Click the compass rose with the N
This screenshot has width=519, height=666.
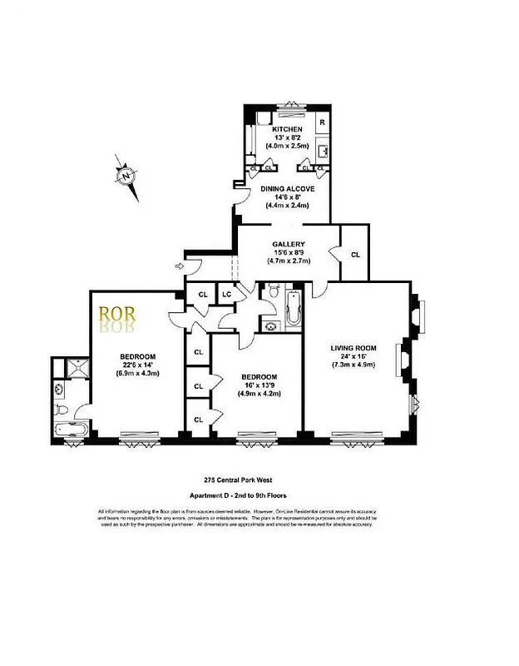pos(126,176)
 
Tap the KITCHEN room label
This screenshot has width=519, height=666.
pos(287,130)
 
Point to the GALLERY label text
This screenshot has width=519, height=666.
pos(289,244)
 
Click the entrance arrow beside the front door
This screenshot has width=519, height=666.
pos(180,266)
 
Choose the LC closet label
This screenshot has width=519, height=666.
pos(225,294)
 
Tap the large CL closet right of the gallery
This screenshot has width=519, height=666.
pos(355,255)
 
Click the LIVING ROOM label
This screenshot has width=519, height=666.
pos(353,348)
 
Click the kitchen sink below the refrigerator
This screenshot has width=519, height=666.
pos(323,152)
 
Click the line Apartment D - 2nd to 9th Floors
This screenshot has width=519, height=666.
pos(236,495)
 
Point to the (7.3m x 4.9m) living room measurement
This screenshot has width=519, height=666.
pos(353,365)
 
